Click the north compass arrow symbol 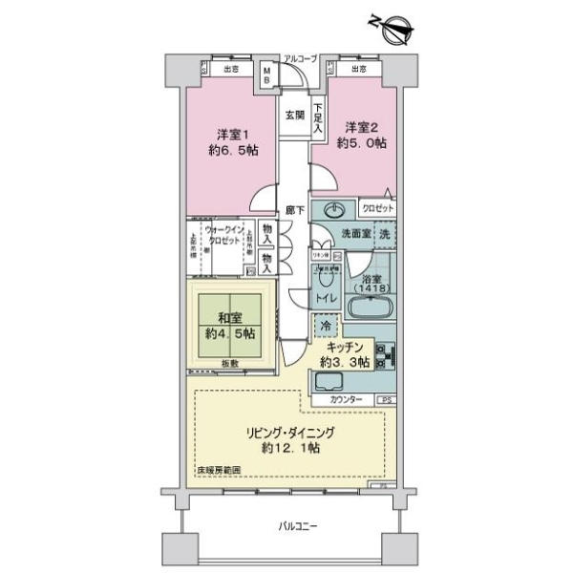pos(394,28)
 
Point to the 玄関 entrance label pos(293,115)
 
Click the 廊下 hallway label pos(294,212)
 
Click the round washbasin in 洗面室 pos(336,211)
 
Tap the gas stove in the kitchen pos(386,355)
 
